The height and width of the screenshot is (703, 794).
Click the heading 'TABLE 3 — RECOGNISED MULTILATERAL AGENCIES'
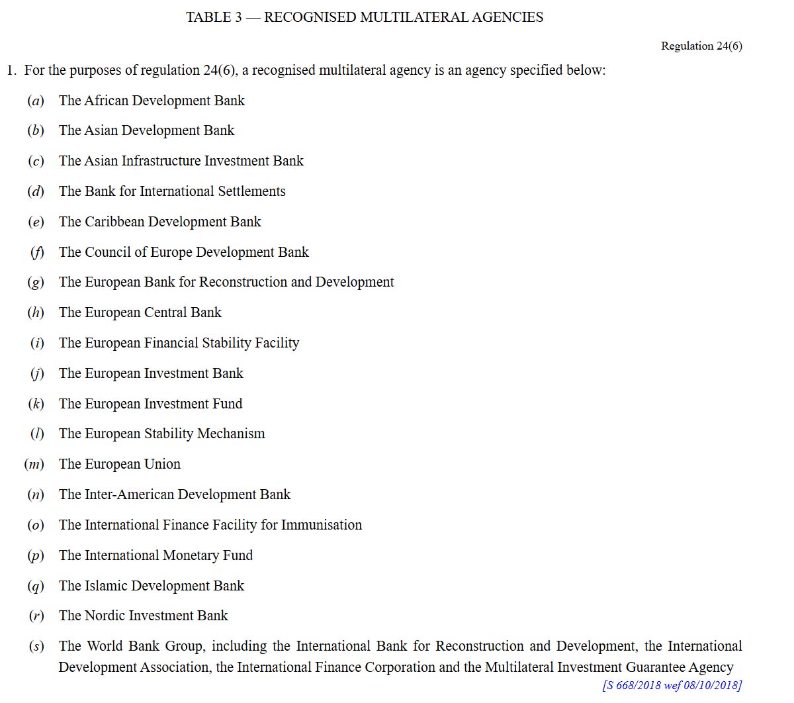(365, 18)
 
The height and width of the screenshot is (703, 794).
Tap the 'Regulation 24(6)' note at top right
(701, 46)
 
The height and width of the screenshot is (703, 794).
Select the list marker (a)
(36, 101)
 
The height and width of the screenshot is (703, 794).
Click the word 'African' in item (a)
(106, 101)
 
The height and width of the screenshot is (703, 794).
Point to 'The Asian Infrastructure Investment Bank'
(181, 161)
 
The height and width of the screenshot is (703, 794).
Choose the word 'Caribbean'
(114, 222)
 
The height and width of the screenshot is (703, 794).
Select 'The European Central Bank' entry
(140, 312)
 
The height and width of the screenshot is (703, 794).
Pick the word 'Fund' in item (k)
(227, 404)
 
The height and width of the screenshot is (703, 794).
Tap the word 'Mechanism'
(231, 434)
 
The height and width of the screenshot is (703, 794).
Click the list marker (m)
(34, 464)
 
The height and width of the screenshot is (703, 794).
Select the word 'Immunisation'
(322, 525)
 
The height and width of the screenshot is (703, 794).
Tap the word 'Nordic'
(105, 616)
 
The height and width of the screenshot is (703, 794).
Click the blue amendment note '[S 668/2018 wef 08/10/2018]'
(672, 685)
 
